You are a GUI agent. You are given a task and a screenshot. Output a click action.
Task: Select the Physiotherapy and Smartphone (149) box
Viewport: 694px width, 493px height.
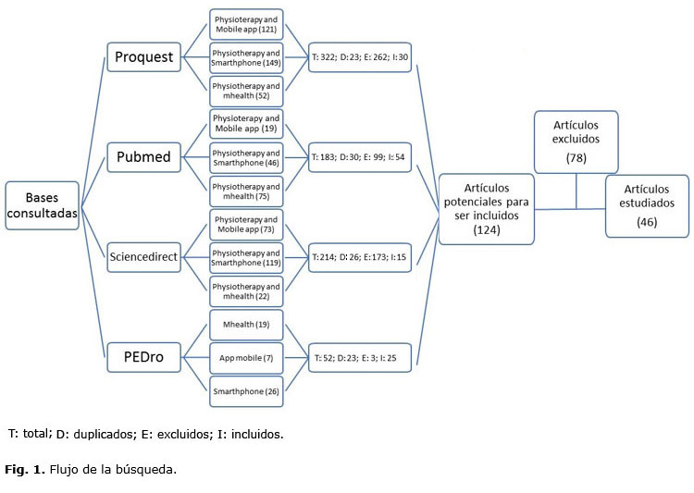pyautogui.click(x=246, y=57)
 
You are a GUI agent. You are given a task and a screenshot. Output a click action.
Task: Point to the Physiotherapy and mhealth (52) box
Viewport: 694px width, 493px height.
pyautogui.click(x=246, y=91)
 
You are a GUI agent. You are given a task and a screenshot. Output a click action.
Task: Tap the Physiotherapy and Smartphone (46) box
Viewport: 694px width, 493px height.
pyautogui.click(x=246, y=156)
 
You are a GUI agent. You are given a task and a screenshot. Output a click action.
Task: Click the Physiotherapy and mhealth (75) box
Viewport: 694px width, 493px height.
pyautogui.click(x=246, y=191)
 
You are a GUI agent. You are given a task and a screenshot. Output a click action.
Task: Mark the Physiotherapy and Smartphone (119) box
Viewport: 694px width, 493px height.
pyautogui.click(x=246, y=257)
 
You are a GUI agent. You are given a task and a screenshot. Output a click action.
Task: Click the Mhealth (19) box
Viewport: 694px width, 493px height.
pyautogui.click(x=246, y=324)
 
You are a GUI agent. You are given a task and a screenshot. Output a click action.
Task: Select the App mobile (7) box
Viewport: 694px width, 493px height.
pyautogui.click(x=246, y=356)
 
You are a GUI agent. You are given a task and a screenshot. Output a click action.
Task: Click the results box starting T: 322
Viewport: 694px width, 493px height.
pyautogui.click(x=360, y=57)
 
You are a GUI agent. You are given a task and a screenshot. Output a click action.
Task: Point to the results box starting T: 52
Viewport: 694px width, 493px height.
pyautogui.click(x=360, y=356)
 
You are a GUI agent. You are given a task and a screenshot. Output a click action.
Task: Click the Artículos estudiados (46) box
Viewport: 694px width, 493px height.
pyautogui.click(x=647, y=205)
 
